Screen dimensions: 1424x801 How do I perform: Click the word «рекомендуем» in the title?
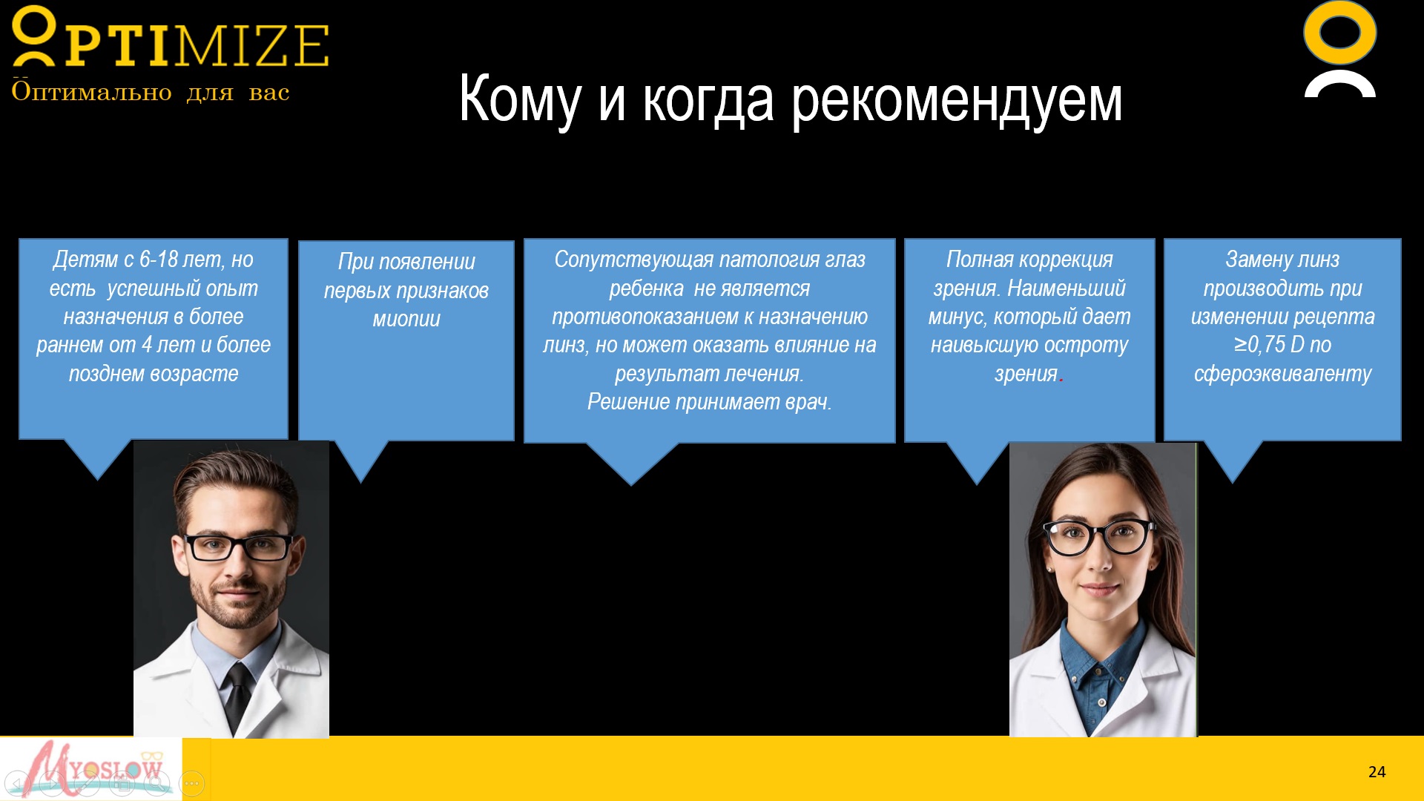pyautogui.click(x=957, y=100)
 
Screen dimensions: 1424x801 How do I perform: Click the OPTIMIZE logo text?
pyautogui.click(x=171, y=39)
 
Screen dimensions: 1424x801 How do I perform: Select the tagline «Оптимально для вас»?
pyautogui.click(x=151, y=92)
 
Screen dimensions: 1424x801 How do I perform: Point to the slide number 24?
pyautogui.click(x=1377, y=772)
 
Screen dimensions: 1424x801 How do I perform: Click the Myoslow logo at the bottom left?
pyautogui.click(x=91, y=768)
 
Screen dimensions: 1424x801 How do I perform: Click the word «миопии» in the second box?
pyautogui.click(x=406, y=319)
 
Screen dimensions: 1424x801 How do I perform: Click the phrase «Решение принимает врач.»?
pyautogui.click(x=710, y=402)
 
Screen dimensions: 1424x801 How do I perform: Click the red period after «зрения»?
pyautogui.click(x=1061, y=380)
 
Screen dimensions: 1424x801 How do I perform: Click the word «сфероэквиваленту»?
pyautogui.click(x=1282, y=374)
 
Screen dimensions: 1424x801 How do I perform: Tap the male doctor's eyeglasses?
pyautogui.click(x=240, y=547)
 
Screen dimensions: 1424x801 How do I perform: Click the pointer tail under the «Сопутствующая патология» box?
pyautogui.click(x=632, y=463)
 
